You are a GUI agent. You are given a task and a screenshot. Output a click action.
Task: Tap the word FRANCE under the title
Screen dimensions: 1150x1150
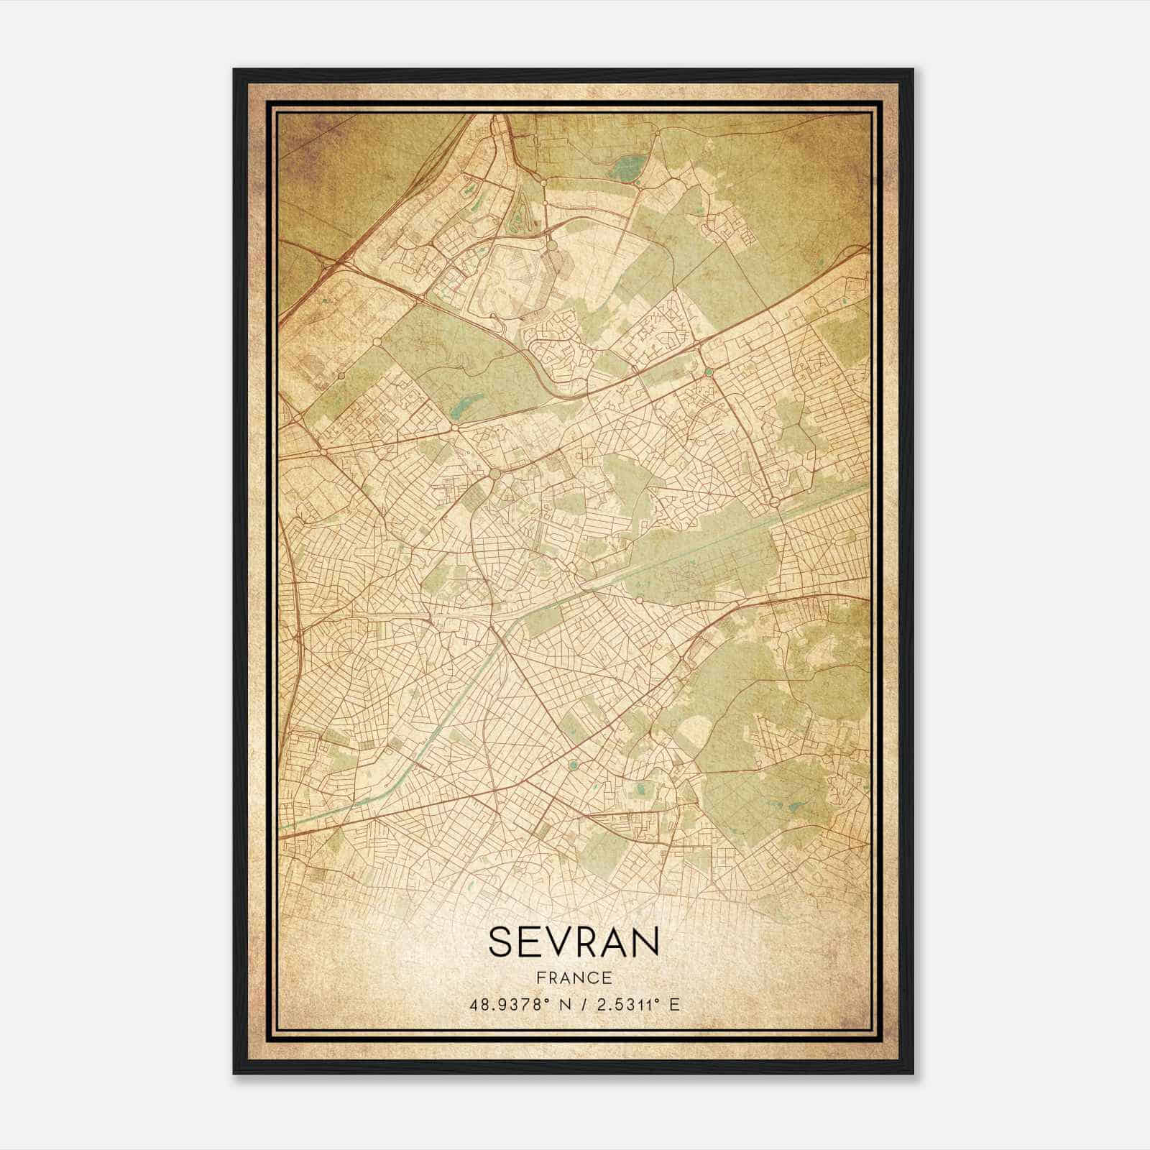click(574, 977)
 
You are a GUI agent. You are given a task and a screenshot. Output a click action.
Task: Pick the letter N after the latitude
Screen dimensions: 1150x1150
click(565, 1005)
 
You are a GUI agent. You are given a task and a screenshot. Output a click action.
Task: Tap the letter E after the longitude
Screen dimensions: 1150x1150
click(674, 1005)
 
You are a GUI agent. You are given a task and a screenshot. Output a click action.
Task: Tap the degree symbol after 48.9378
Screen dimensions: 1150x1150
click(546, 1001)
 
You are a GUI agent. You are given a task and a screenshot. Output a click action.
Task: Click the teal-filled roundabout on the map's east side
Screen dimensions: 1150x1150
click(709, 372)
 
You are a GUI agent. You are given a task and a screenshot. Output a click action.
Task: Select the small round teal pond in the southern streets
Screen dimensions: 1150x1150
click(573, 765)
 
